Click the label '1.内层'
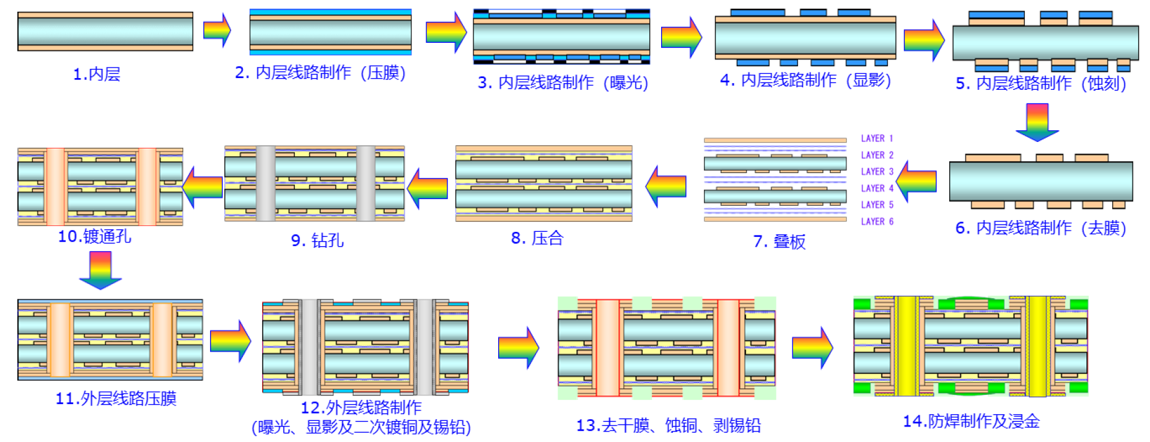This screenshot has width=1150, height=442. [x=97, y=74]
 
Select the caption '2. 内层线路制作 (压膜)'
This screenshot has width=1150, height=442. [x=320, y=73]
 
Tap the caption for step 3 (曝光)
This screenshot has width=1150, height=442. [x=563, y=82]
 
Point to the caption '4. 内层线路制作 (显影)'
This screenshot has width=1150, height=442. [x=805, y=80]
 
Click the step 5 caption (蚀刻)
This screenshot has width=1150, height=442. [x=1041, y=83]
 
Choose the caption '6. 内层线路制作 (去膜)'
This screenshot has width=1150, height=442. [x=1041, y=228]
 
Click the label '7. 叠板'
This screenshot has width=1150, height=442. [x=779, y=241]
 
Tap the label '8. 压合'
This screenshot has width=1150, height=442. [x=537, y=238]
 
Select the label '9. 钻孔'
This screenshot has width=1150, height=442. [x=317, y=240]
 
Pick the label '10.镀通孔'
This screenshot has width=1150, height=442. [x=94, y=236]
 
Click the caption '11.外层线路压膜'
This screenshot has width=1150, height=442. [x=116, y=398]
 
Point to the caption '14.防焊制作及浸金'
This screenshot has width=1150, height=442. [x=971, y=422]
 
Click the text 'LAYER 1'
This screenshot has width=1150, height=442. [x=877, y=138]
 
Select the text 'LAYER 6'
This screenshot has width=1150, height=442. [x=877, y=221]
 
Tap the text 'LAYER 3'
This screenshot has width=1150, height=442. [x=877, y=172]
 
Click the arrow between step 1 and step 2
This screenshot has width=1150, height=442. [x=217, y=30]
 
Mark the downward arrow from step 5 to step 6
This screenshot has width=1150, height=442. [x=1037, y=122]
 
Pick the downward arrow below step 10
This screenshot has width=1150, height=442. [x=100, y=270]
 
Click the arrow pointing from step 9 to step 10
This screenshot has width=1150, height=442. [x=203, y=187]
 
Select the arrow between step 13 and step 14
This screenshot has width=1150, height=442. [x=812, y=348]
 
